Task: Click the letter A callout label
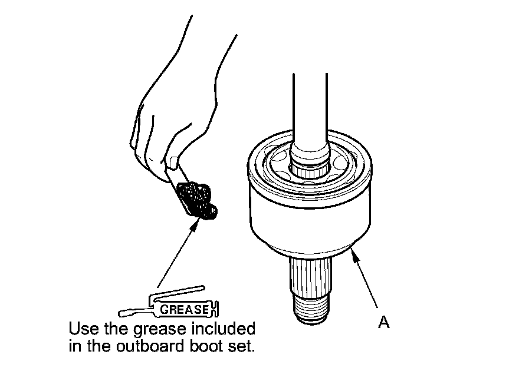coord(383,322)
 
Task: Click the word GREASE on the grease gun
coord(185,310)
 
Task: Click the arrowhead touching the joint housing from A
coord(355,256)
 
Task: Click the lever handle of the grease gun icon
coord(177,292)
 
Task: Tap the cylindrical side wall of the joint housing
coord(310,224)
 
